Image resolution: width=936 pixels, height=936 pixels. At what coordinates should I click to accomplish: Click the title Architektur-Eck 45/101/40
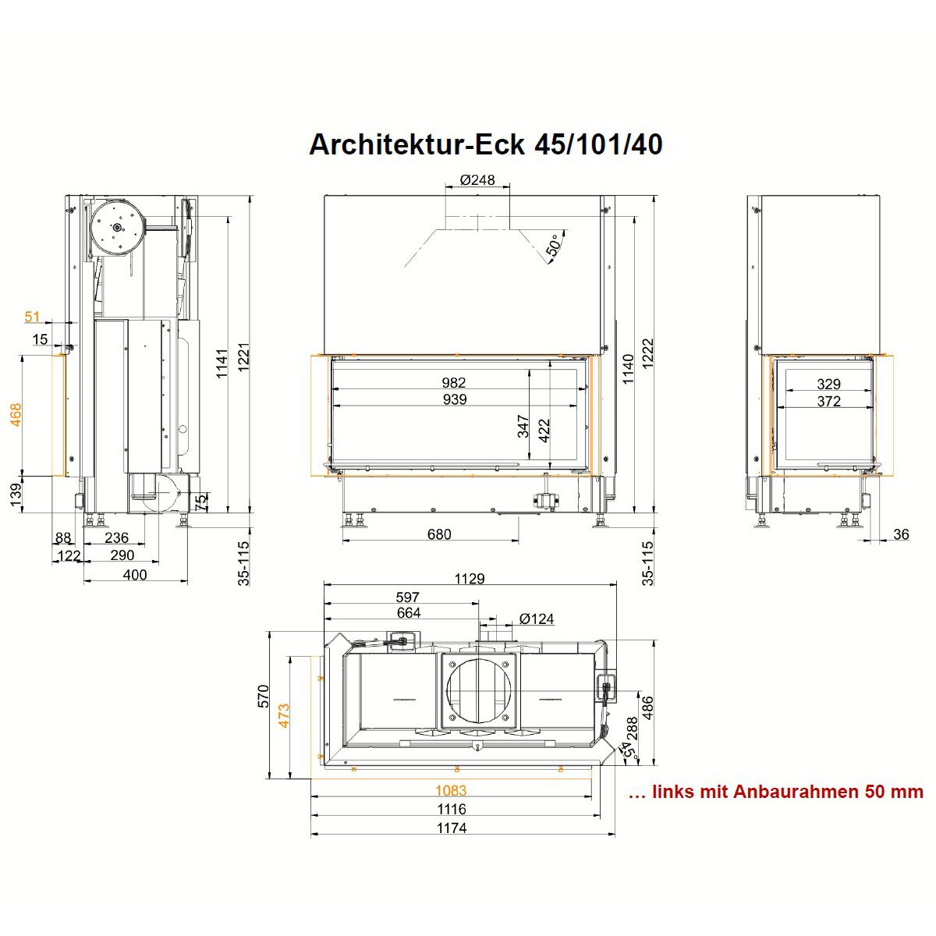pos(485,144)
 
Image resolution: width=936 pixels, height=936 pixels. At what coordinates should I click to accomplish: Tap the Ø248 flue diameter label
pos(477,179)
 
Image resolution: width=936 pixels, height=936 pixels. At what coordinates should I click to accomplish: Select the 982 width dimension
pos(454,382)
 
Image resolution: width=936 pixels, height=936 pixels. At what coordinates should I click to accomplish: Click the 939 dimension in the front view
pos(454,399)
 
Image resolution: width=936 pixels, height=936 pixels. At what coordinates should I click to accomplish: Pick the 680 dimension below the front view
pos(439,534)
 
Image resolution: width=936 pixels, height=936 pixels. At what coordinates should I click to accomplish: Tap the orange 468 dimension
pos(17,415)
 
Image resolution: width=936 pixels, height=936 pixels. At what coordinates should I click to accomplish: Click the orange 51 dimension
pos(32,317)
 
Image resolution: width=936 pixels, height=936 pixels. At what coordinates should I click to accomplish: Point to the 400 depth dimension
pos(134,575)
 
